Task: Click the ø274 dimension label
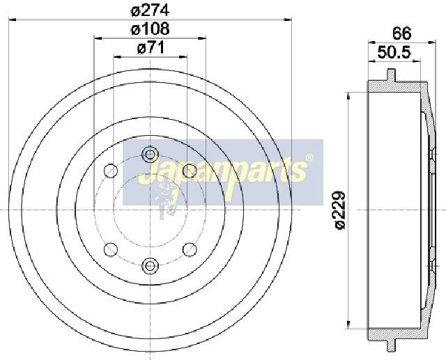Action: [x=150, y=10]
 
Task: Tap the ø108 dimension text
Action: [x=151, y=29]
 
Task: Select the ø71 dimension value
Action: [x=151, y=47]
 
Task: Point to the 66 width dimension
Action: [x=401, y=33]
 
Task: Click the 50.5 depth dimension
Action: [x=394, y=52]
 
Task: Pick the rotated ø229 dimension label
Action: [x=339, y=210]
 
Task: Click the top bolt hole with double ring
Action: [x=150, y=154]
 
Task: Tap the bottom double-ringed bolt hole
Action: [x=150, y=265]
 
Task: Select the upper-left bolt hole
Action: [x=111, y=171]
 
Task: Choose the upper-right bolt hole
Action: [x=190, y=171]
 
